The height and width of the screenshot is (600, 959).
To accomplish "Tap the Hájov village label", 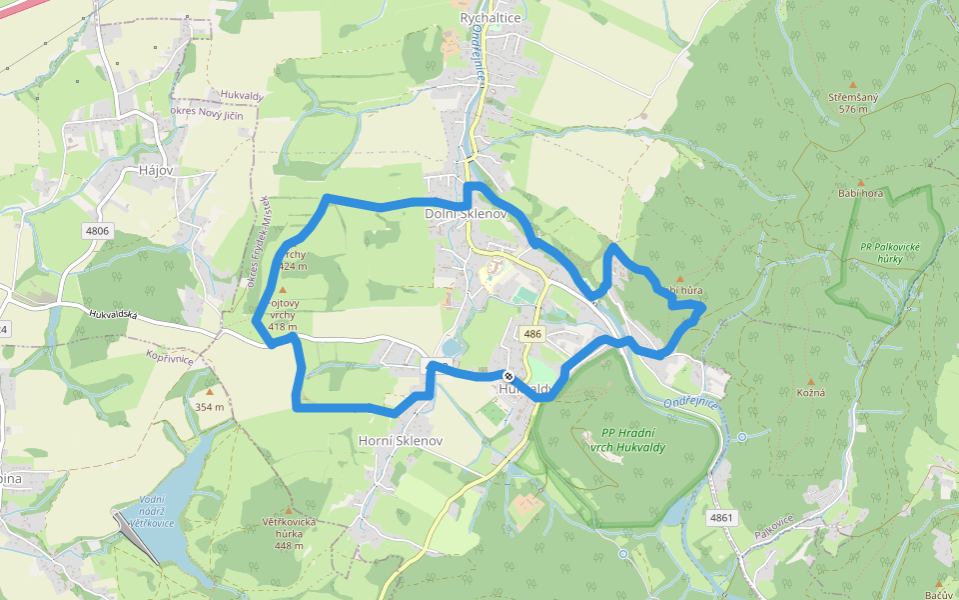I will coord(157,171).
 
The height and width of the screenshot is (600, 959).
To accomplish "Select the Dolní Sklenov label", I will coord(467,214).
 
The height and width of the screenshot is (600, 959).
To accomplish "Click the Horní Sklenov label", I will coord(400,440).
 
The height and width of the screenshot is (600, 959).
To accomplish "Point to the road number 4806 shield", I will coord(97,231).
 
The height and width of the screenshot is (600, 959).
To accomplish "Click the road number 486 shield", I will coord(531,334).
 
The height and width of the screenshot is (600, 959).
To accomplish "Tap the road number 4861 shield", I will coord(721,518).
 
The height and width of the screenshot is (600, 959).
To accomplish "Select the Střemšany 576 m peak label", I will coord(852,103).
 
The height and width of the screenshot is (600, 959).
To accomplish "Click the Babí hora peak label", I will coord(861,193).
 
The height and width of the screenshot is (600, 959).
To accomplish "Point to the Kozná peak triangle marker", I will coord(810,381).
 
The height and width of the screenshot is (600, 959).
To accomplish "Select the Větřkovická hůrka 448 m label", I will coord(289,533).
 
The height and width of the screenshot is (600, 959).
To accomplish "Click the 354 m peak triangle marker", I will coord(210,392).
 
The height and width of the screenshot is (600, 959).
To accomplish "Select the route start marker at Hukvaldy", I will coord(507,377).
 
